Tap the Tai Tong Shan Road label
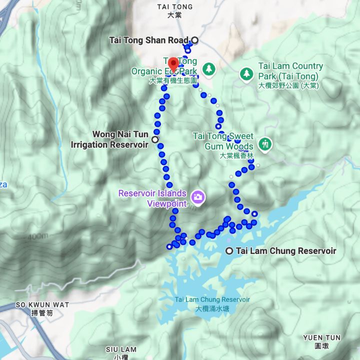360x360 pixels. tap(148, 40)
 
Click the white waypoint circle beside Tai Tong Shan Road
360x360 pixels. tap(194, 40)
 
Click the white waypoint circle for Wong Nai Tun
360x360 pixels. tap(155, 139)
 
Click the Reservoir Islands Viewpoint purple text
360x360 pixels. tap(152, 198)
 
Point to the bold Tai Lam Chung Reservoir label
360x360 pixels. tap(286, 251)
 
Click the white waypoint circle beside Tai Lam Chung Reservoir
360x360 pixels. tap(229, 251)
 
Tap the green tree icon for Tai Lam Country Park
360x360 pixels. tap(246, 74)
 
